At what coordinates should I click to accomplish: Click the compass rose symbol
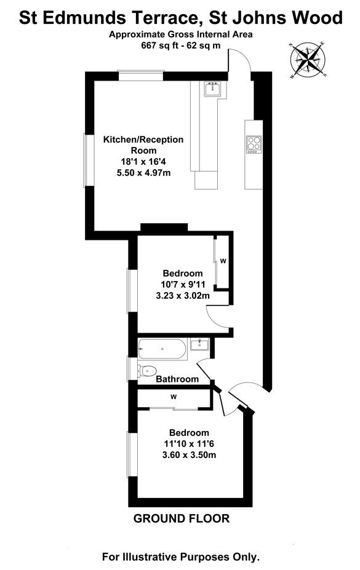coord(308,60)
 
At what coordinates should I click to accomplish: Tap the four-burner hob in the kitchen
coord(254,144)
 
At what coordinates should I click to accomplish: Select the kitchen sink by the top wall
coord(212,89)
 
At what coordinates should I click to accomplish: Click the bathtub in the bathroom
coord(162,349)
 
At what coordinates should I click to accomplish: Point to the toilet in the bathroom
coord(147,371)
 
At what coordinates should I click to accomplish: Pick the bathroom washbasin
coord(199,344)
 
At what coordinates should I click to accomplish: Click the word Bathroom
coord(177,379)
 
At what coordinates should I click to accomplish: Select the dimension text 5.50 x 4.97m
coord(143,173)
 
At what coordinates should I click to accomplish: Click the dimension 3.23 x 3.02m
coord(183,296)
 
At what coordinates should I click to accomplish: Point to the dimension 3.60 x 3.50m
coord(189,455)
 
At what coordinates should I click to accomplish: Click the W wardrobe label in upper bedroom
coord(223,261)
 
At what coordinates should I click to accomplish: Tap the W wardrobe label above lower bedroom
coord(174,397)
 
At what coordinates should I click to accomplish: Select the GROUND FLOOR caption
coord(182,518)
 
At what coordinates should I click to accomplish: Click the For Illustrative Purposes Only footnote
coord(181,556)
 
